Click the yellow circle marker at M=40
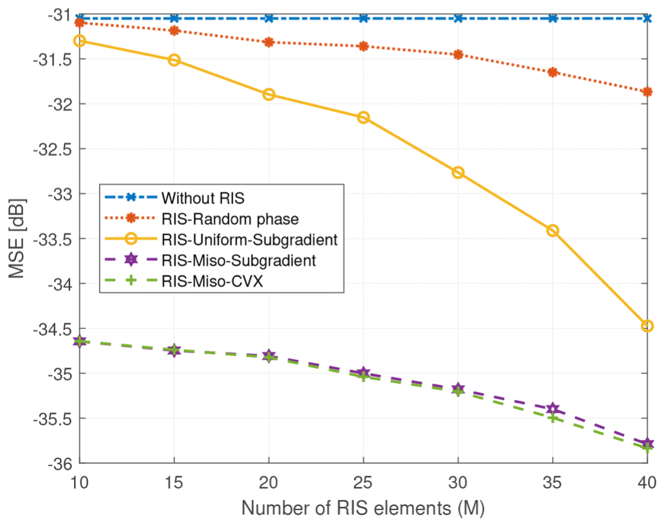coord(646,326)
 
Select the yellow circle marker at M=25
coord(363,118)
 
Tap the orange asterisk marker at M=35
coord(552,72)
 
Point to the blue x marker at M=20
coord(268,18)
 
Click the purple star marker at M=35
coord(552,409)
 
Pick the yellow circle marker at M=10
coord(80,41)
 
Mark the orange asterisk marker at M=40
coord(646,92)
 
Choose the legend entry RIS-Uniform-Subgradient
coord(249,240)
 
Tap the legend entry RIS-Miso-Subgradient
coord(238,261)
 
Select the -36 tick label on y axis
coord(60,463)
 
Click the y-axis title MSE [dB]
coord(19,239)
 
